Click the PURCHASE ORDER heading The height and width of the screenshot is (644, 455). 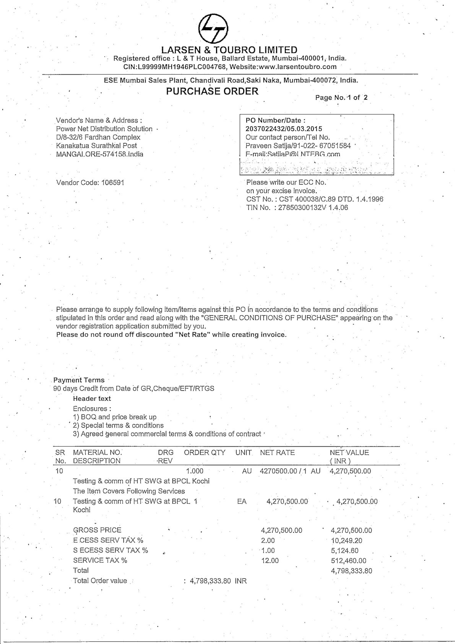pyautogui.click(x=212, y=91)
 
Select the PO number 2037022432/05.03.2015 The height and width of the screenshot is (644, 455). pyautogui.click(x=278, y=129)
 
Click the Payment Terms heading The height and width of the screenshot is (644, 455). pyautogui.click(x=79, y=380)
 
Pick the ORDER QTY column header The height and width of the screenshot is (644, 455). pyautogui.click(x=205, y=453)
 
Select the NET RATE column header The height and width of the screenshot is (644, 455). pyautogui.click(x=277, y=453)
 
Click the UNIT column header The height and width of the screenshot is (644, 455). pyautogui.click(x=244, y=453)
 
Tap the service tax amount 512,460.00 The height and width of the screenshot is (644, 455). pyautogui.click(x=348, y=561)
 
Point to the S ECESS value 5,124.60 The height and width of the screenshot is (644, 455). pyautogui.click(x=346, y=551)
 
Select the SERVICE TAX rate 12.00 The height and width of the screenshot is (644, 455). pyautogui.click(x=270, y=561)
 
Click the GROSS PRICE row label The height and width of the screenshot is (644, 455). pyautogui.click(x=97, y=530)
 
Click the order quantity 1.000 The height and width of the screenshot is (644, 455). pyautogui.click(x=195, y=471)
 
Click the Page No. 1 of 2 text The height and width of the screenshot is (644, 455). pyautogui.click(x=341, y=98)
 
